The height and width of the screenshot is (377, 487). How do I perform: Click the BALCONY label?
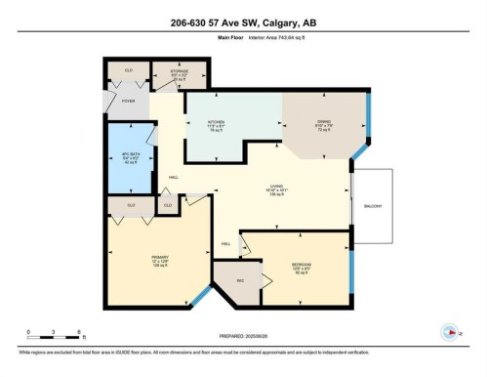tap(375, 207)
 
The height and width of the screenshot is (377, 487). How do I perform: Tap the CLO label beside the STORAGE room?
tap(128, 70)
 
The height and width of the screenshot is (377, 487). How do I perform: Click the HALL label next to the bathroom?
tap(173, 176)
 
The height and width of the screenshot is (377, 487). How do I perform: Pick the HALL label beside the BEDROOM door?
tap(225, 243)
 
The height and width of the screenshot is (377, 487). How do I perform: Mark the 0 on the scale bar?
tap(29, 332)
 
